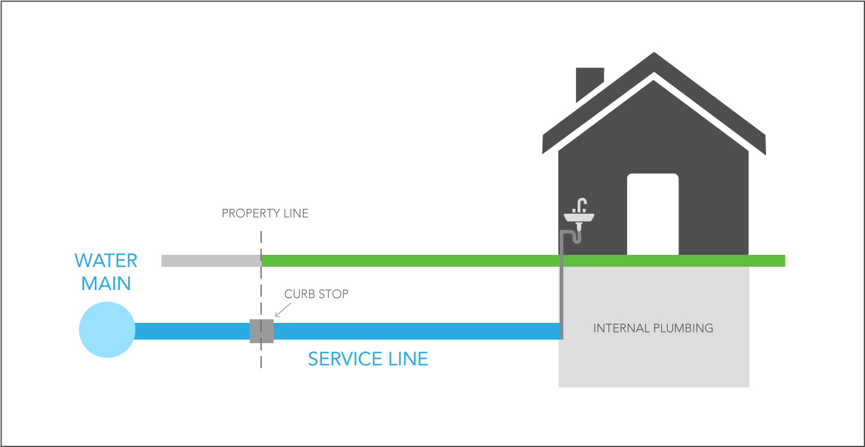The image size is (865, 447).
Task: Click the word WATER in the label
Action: (106, 261)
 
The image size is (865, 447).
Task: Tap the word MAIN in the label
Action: (106, 283)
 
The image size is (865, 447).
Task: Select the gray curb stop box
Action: (261, 331)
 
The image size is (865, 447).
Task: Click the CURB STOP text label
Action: (316, 294)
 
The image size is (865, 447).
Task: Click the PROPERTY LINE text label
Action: (265, 214)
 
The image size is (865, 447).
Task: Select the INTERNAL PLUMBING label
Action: (653, 328)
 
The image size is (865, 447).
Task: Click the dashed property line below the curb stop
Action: (261, 356)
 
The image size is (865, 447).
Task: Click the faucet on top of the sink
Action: (581, 205)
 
